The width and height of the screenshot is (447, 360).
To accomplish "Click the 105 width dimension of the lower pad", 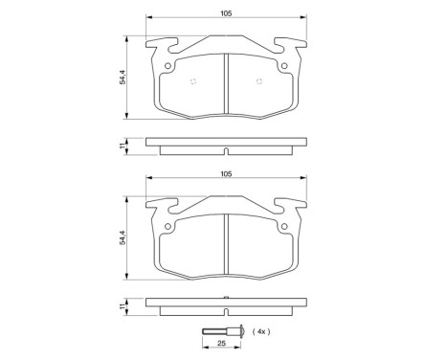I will pyautogui.click(x=225, y=174).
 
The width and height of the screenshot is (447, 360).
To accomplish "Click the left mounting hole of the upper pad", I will pyautogui.click(x=168, y=66).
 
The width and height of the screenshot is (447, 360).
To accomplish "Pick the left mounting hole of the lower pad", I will pyautogui.click(x=168, y=226).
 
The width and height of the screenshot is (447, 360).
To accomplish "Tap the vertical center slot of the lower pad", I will pyautogui.click(x=225, y=243).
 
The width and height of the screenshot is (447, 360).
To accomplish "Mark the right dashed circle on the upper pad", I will pyautogui.click(x=258, y=79).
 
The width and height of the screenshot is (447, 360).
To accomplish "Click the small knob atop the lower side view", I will pyautogui.click(x=225, y=298).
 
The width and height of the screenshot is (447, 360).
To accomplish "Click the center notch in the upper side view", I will pyautogui.click(x=225, y=150).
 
